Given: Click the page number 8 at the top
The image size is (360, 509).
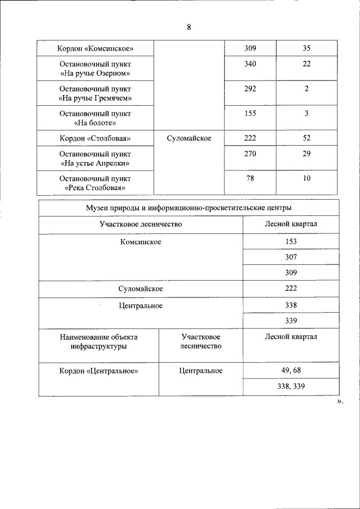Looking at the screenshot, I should tap(189, 27).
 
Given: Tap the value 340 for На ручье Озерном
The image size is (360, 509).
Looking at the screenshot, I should tap(250, 64).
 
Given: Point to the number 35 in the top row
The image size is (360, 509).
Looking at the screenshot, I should tap(307, 48).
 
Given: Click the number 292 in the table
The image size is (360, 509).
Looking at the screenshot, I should tap(250, 89).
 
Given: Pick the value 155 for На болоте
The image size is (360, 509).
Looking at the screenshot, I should tap(250, 114).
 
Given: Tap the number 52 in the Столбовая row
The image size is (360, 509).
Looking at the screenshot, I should tap(307, 138).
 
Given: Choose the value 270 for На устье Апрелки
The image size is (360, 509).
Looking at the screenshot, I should tap(250, 154).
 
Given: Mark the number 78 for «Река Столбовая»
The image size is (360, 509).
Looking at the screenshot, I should tap(250, 179).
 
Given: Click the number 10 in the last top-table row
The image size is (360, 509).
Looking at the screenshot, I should tap(307, 179).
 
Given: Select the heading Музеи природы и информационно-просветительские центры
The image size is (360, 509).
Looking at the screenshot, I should tap(189, 208).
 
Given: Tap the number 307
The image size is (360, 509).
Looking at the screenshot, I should tap(291, 257).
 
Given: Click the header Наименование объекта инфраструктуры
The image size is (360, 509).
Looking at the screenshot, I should tap(98, 341).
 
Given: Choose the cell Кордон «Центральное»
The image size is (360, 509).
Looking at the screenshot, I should tap(98, 371).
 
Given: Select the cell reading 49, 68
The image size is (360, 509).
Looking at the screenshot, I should tap(291, 371).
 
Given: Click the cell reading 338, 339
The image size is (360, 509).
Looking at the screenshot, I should tap(291, 387).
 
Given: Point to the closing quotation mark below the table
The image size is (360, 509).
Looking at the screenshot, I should tap(340, 402).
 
